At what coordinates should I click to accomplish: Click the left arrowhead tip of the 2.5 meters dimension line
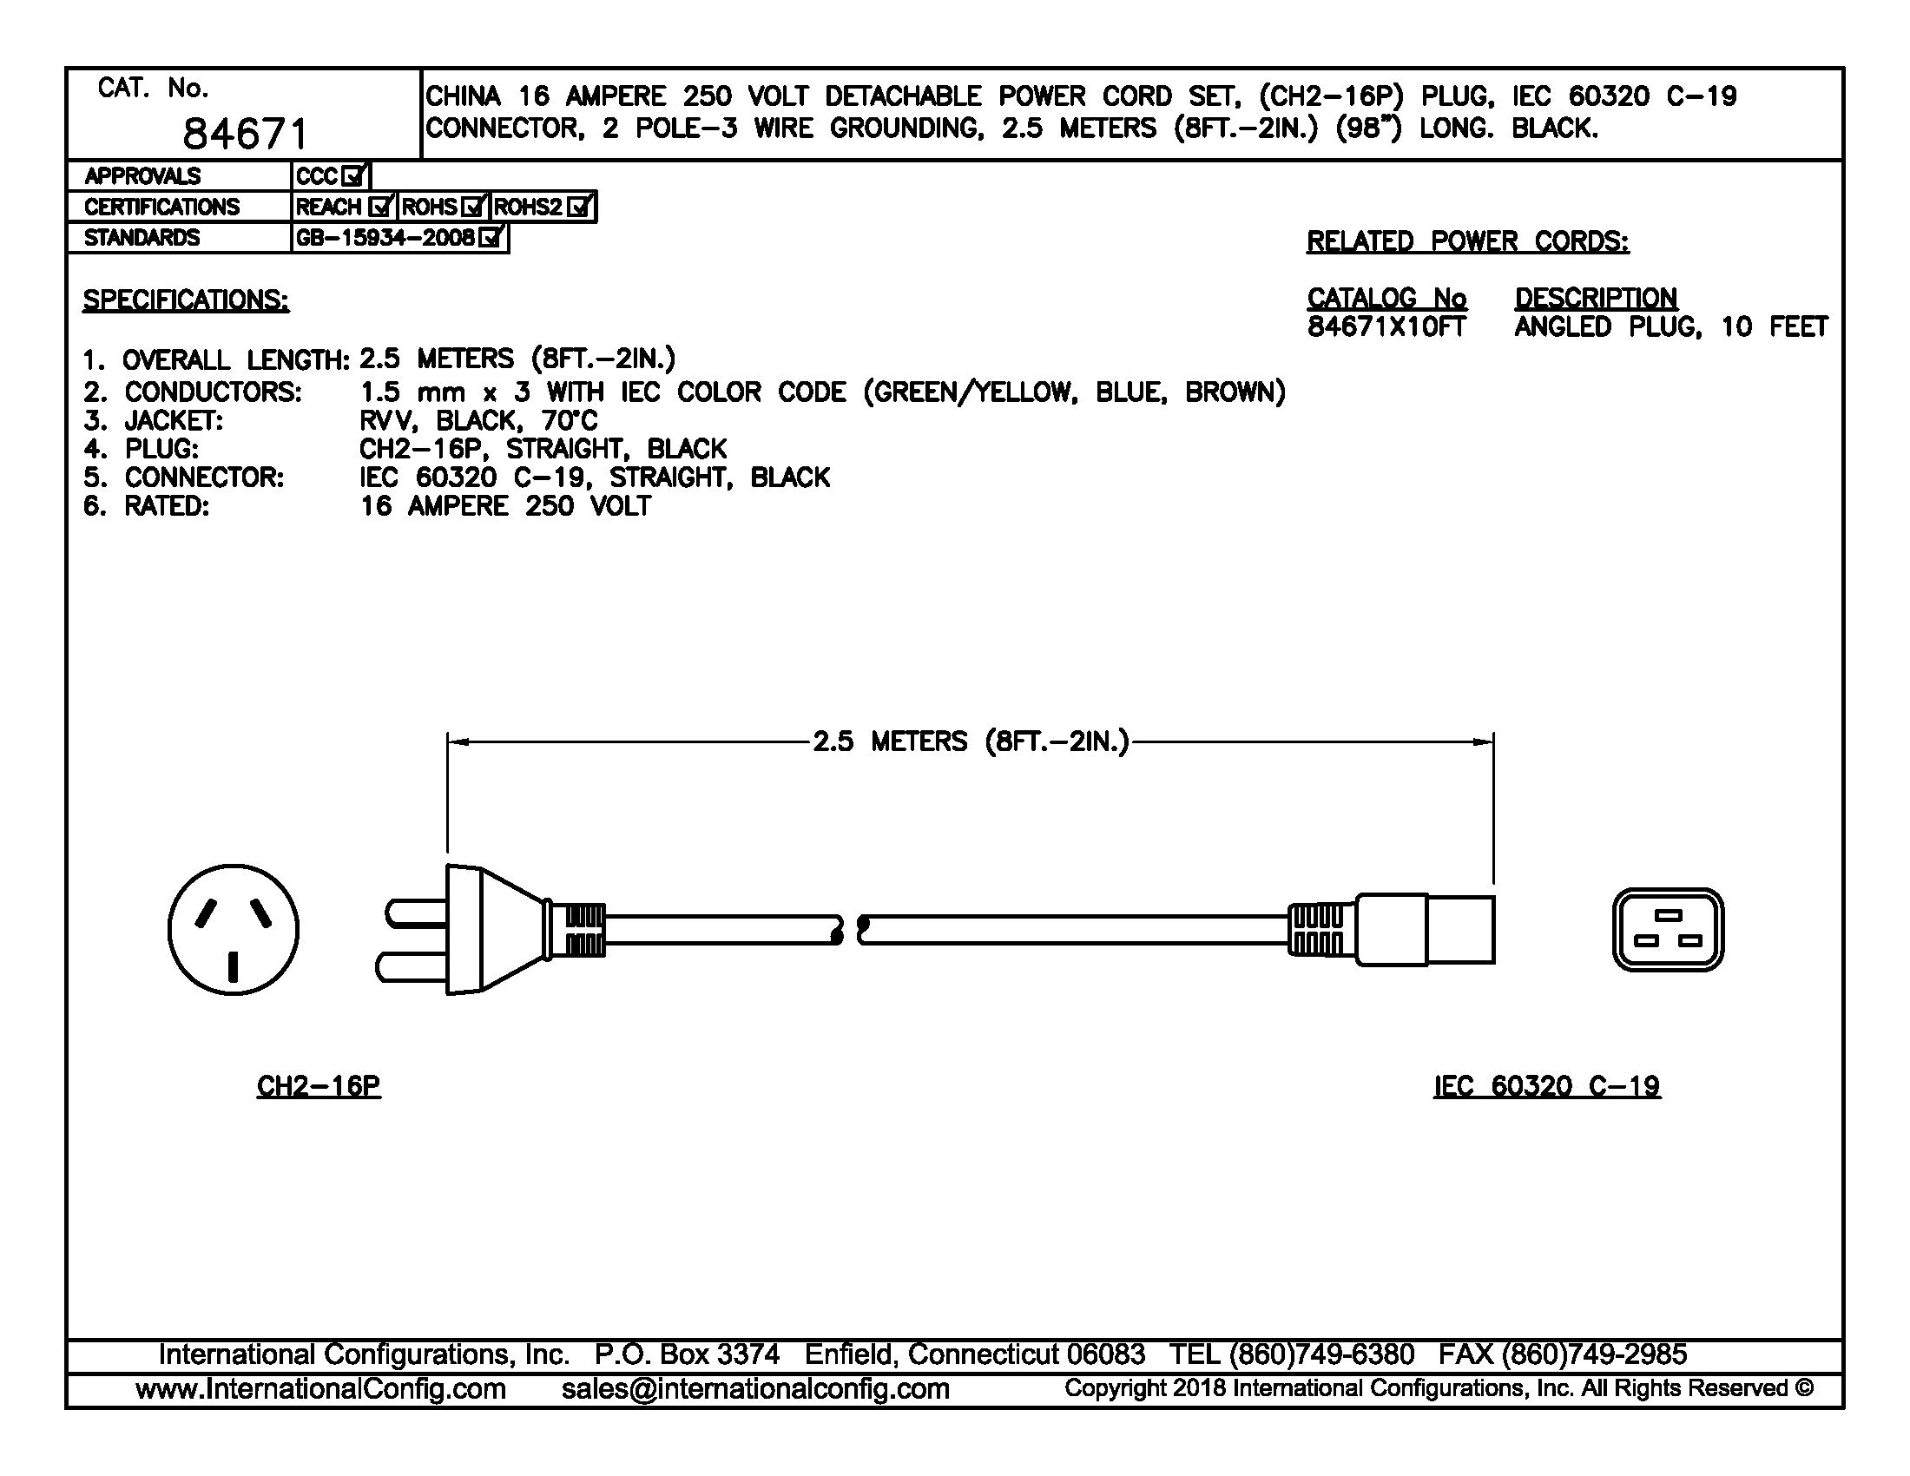[x=448, y=742]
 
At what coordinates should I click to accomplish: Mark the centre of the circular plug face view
[x=234, y=930]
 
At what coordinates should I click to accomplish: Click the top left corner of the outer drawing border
[x=67, y=69]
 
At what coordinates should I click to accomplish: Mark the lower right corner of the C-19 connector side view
[x=1494, y=964]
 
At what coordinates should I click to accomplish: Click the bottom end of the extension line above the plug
[x=448, y=851]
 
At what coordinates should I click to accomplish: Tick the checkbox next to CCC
[x=354, y=176]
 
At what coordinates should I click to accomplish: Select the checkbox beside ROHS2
[x=581, y=208]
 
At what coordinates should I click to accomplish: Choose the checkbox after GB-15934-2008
[x=492, y=238]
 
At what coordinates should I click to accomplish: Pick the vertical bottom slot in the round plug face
[x=234, y=968]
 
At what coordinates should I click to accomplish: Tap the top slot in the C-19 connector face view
[x=1669, y=915]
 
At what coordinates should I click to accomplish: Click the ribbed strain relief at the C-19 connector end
[x=1321, y=930]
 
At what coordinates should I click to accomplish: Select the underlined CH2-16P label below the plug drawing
[x=319, y=1086]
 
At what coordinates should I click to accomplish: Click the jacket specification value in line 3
[x=478, y=420]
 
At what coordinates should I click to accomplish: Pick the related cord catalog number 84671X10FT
[x=1386, y=327]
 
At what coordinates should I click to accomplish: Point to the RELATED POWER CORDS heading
[x=1467, y=241]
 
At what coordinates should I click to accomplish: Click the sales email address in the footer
[x=755, y=1388]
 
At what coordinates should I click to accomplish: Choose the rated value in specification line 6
[x=505, y=506]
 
